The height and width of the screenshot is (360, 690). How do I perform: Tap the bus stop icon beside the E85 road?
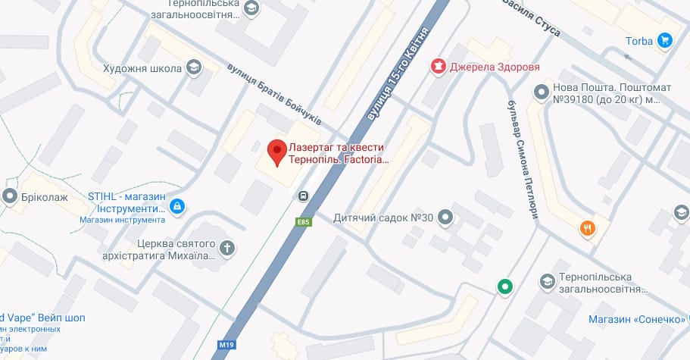click(x=303, y=196)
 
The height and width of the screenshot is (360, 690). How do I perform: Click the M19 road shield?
click(x=226, y=345)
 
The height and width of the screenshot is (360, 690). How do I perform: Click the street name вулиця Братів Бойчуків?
click(x=273, y=95)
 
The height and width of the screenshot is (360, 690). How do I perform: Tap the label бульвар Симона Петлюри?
click(x=522, y=159)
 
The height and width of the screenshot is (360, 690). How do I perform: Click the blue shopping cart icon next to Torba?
click(x=665, y=40)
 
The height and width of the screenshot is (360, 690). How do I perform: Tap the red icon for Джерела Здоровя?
click(x=437, y=67)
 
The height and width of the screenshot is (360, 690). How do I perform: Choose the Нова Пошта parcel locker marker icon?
click(x=541, y=92)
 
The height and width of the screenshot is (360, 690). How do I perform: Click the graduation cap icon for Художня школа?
click(x=195, y=69)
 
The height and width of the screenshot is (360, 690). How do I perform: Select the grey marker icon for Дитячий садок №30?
click(x=446, y=218)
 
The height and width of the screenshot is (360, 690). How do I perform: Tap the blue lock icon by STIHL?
click(x=176, y=205)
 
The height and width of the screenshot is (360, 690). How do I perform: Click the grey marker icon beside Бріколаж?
click(x=11, y=197)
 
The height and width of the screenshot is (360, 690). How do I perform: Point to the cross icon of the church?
click(x=226, y=247)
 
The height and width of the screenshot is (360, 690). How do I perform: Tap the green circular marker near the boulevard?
click(x=504, y=286)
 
